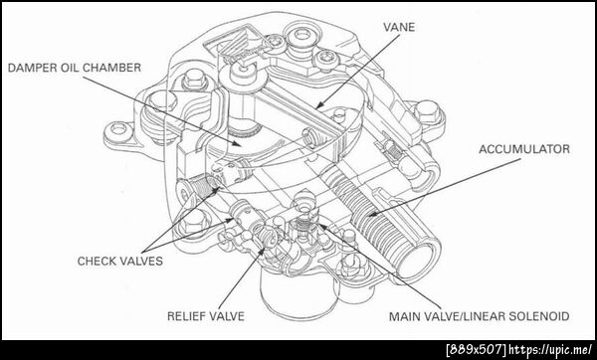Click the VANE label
[x=399, y=28]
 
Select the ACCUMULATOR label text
[x=524, y=149]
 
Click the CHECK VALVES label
[x=120, y=262]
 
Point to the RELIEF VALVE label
[x=206, y=316]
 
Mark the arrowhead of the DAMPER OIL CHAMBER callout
[x=237, y=143]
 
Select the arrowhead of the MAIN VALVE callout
[x=321, y=227]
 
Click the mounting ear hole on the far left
[x=118, y=129]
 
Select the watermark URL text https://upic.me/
[x=550, y=349]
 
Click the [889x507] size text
[x=476, y=349]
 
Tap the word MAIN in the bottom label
[x=404, y=316]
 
